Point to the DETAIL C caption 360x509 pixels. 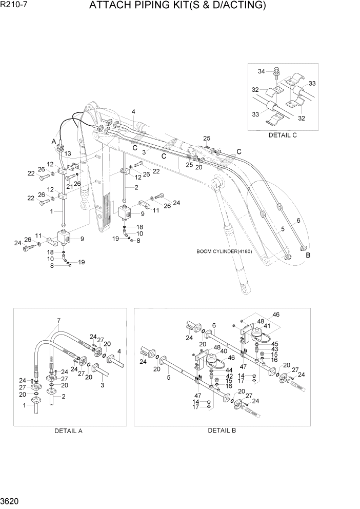[x=283, y=135]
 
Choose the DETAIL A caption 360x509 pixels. [x=69, y=431]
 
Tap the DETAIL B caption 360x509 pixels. [x=222, y=430]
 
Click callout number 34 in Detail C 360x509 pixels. [x=261, y=71]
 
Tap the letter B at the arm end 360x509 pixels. [x=308, y=254]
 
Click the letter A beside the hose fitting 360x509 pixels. [x=54, y=141]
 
